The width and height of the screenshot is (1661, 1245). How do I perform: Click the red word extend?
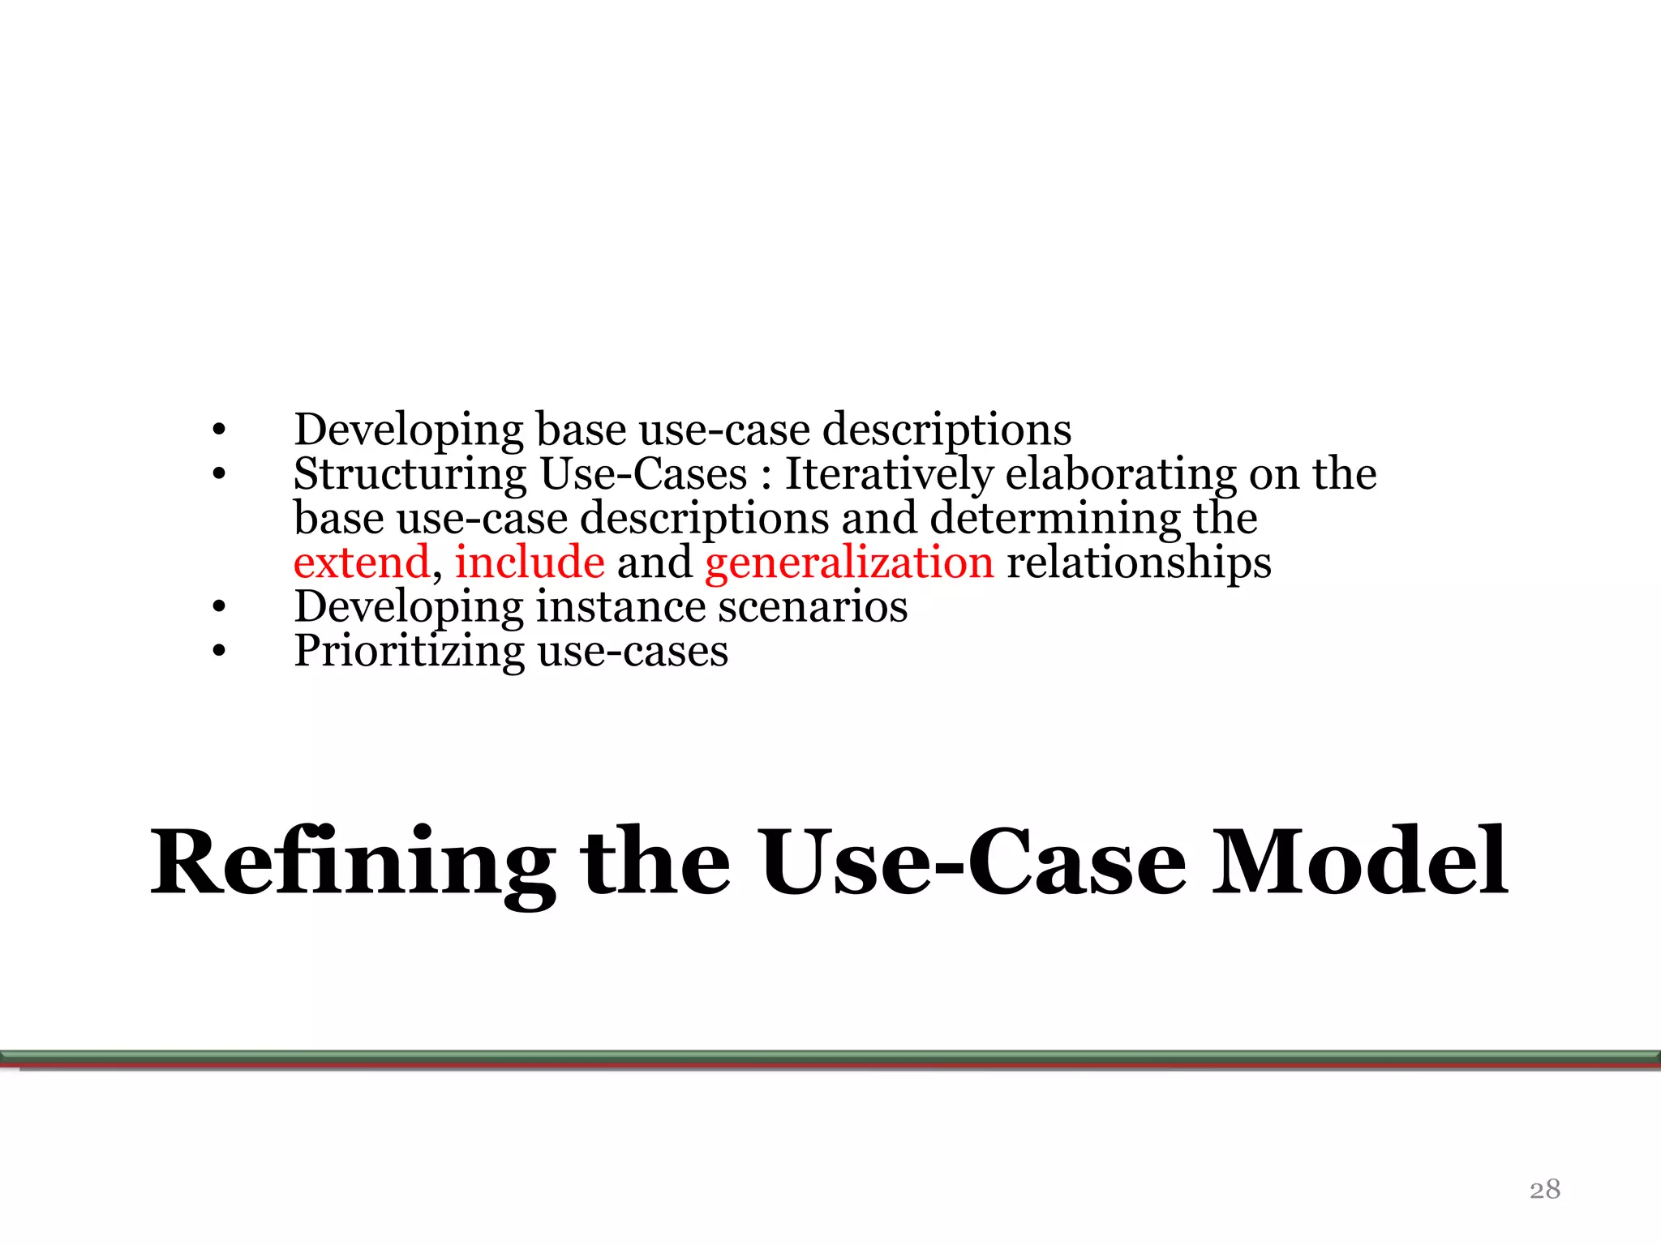[362, 562]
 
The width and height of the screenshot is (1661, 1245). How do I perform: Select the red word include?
[530, 562]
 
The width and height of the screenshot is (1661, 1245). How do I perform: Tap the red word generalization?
[849, 563]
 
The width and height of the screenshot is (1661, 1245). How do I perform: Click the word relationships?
[1139, 563]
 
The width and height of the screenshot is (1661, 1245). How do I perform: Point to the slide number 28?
[1544, 1189]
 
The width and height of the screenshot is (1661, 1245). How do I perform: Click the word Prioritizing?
[410, 652]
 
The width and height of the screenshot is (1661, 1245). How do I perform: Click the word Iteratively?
[889, 475]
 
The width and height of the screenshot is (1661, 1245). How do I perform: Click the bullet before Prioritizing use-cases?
[218, 650]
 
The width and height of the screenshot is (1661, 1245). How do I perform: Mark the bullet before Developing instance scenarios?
[218, 606]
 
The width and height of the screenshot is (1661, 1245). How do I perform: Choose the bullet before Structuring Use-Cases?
[218, 473]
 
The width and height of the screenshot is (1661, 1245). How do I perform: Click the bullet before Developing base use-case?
[218, 430]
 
